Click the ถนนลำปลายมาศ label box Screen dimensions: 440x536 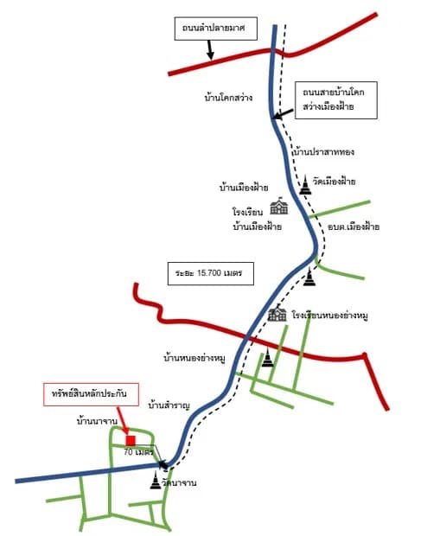click(x=216, y=29)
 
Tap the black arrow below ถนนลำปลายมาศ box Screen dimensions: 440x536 click(x=210, y=49)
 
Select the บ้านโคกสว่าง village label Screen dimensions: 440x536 click(x=228, y=98)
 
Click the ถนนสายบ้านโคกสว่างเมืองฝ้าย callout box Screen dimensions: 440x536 click(x=336, y=100)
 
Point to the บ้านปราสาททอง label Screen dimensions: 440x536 click(x=324, y=151)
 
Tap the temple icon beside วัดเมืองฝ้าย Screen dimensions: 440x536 click(x=305, y=185)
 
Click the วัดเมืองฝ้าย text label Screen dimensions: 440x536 click(x=334, y=182)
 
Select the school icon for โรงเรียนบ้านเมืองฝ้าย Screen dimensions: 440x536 click(x=279, y=206)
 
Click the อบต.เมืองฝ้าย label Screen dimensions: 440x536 click(x=354, y=227)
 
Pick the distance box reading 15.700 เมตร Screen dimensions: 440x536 click(x=211, y=273)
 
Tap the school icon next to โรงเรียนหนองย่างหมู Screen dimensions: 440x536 click(x=277, y=313)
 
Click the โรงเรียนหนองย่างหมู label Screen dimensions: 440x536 click(x=330, y=316)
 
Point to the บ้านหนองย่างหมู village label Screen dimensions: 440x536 click(x=194, y=359)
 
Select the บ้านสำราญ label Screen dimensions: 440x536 click(x=169, y=405)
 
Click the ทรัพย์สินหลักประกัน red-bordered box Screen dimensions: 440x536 click(x=91, y=394)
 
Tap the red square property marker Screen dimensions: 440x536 click(x=131, y=441)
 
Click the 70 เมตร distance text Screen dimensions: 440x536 click(x=138, y=452)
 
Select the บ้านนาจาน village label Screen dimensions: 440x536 click(x=97, y=421)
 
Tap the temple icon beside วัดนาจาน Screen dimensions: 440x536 click(x=156, y=480)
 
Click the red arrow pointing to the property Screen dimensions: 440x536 click(x=123, y=421)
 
